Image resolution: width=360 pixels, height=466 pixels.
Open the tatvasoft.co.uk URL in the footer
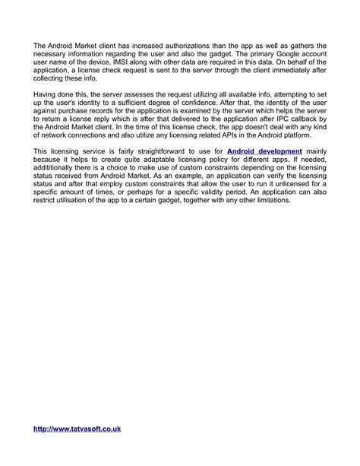click(77, 429)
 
